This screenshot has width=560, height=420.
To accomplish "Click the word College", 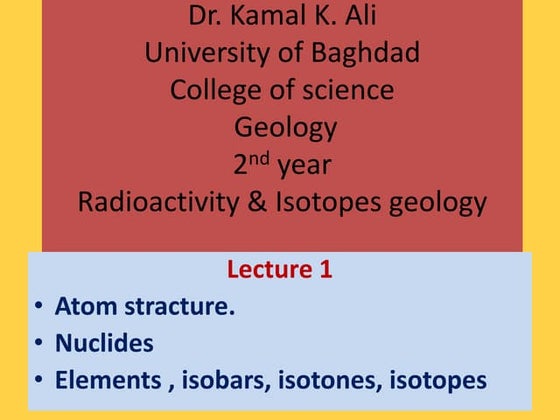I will pyautogui.click(x=213, y=90).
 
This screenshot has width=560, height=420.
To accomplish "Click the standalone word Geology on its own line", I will pyautogui.click(x=285, y=127).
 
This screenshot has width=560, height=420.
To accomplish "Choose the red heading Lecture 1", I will pyautogui.click(x=279, y=269).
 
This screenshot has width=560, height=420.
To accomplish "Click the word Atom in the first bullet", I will pyautogui.click(x=81, y=306).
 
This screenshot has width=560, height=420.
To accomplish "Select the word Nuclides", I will pyautogui.click(x=105, y=343).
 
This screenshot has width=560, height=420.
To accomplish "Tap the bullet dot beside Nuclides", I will pyautogui.click(x=38, y=343).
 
